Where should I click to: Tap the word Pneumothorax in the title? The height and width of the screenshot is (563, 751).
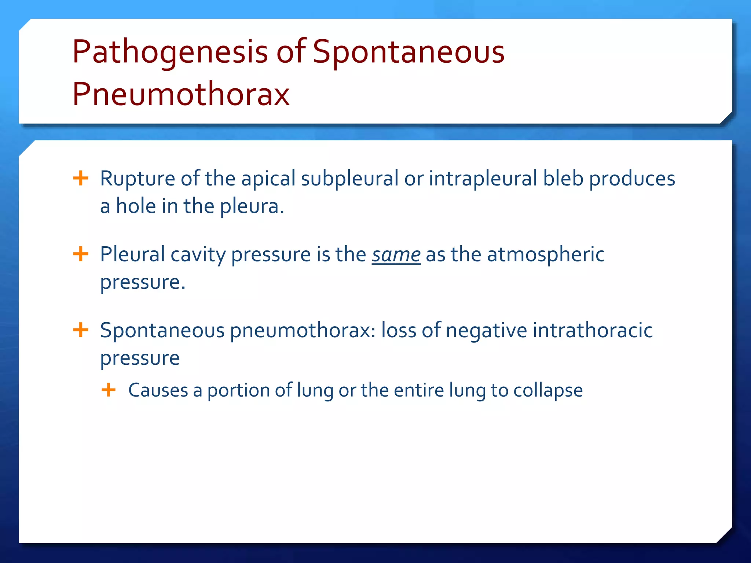pyautogui.click(x=181, y=94)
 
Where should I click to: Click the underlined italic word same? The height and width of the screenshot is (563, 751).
pyautogui.click(x=396, y=254)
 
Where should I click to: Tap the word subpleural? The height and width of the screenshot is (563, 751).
pyautogui.click(x=349, y=179)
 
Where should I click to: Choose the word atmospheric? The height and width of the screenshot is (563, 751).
pyautogui.click(x=546, y=254)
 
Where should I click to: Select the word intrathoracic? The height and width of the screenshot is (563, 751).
pyautogui.click(x=593, y=330)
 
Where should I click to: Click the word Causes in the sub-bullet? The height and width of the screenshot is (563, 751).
pyautogui.click(x=158, y=390)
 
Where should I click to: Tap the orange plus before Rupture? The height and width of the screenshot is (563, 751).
pyautogui.click(x=81, y=179)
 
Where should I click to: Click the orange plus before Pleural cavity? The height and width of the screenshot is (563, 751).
pyautogui.click(x=81, y=254)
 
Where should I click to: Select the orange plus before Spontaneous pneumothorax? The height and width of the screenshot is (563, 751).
pyautogui.click(x=81, y=330)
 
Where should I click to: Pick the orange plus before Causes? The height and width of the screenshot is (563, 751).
pyautogui.click(x=109, y=390)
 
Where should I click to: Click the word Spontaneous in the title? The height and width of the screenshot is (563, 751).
pyautogui.click(x=409, y=52)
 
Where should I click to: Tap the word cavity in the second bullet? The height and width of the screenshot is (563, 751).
pyautogui.click(x=198, y=254)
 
